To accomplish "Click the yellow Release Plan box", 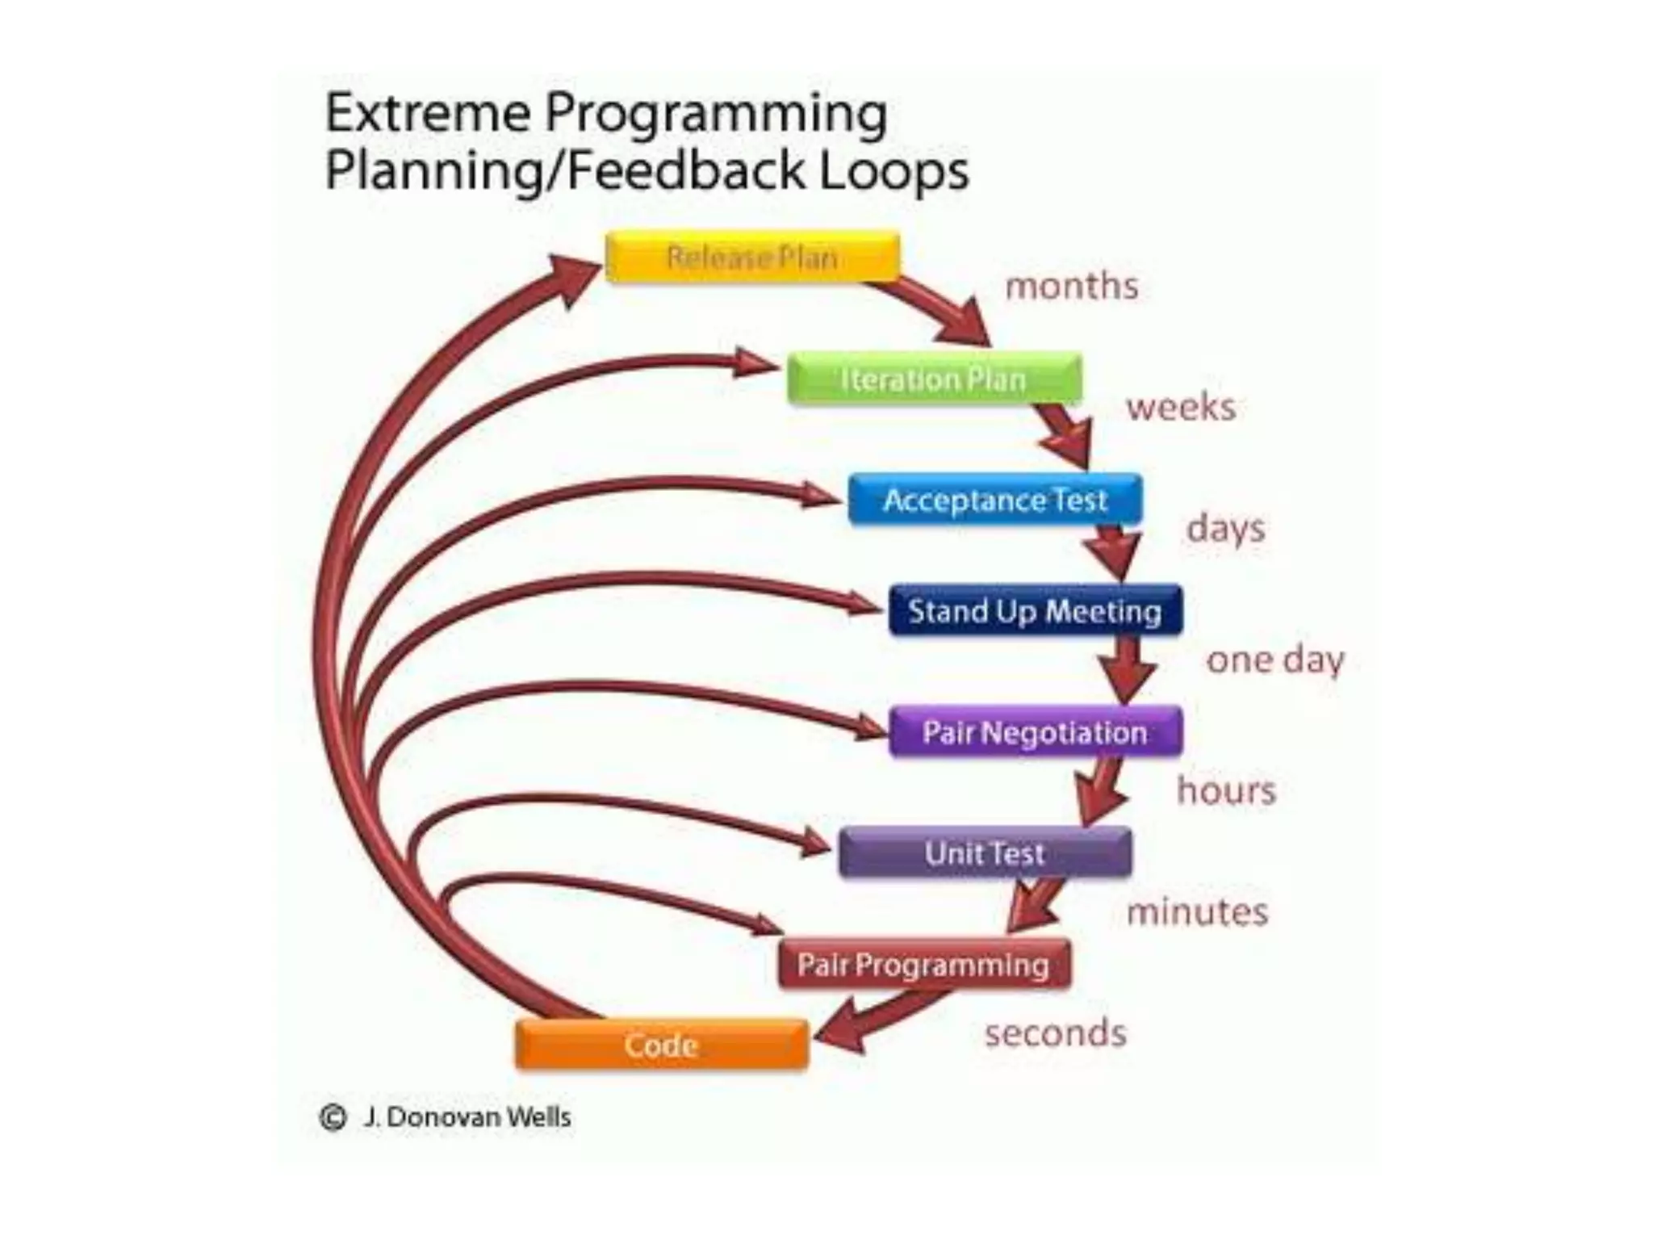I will coord(752,257).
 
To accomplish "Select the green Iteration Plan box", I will coord(934,379).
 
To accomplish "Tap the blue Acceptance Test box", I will coord(995,500).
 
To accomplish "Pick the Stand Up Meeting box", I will coord(1036,611).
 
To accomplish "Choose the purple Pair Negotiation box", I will coord(1036,732).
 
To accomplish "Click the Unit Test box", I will coord(986,852).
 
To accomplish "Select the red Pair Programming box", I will coord(924,964).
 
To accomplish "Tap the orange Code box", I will coord(661,1045).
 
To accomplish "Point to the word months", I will coord(1072,286).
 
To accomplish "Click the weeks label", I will coord(1181,407).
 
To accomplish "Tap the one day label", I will coord(1275,660).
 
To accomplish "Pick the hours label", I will coord(1226,790).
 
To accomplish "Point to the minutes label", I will coord(1197,912).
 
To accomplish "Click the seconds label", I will coord(1056,1033).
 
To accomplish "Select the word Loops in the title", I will coord(894,171).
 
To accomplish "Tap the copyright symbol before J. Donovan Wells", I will coord(333,1117).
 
